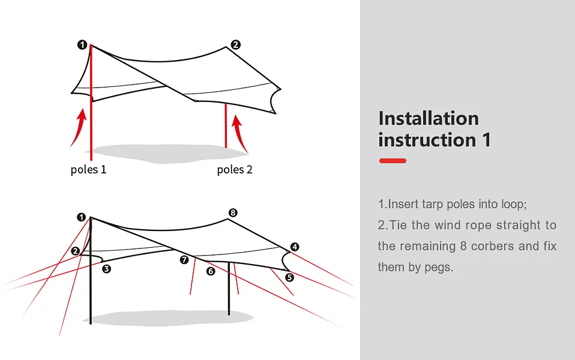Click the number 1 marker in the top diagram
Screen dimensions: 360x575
(82, 44)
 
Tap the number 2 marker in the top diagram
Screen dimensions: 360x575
(236, 44)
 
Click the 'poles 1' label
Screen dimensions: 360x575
(88, 170)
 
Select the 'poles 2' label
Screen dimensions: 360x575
(235, 170)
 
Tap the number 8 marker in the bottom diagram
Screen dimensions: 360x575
(233, 213)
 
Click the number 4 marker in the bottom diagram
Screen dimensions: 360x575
(294, 247)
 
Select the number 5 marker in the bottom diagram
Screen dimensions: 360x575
(289, 277)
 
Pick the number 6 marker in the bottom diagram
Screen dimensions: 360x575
(210, 271)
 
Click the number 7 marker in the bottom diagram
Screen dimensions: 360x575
(184, 260)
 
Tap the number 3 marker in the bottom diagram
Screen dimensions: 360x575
(106, 269)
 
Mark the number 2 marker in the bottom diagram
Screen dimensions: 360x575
(75, 251)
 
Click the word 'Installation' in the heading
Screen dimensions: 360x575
(429, 118)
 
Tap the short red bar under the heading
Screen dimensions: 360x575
(393, 161)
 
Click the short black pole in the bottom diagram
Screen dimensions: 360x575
(229, 294)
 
